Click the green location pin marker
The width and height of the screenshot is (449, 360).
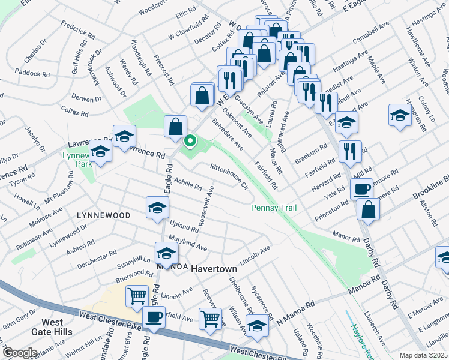click(190, 142)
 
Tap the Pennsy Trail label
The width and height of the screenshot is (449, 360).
click(273, 208)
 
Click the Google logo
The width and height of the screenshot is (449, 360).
click(20, 352)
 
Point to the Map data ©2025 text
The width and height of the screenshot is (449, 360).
click(423, 355)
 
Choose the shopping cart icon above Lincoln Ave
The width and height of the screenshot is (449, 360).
click(137, 295)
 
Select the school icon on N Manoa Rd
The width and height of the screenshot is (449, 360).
click(257, 326)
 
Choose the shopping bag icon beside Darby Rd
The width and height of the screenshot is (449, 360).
click(368, 209)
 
